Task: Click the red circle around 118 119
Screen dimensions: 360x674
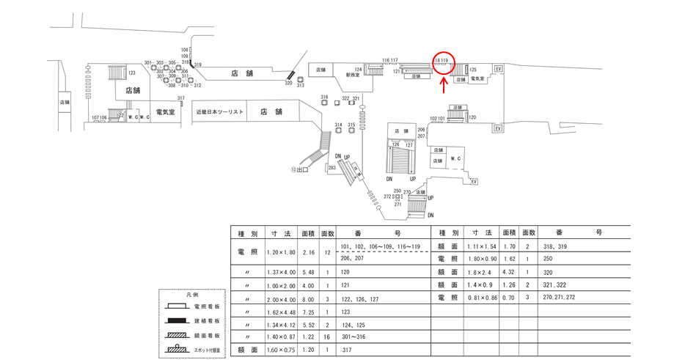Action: pos(444,63)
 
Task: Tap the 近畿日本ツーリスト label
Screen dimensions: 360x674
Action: pos(219,112)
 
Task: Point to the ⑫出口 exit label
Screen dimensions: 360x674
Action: pos(299,169)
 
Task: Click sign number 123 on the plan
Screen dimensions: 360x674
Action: pos(132,73)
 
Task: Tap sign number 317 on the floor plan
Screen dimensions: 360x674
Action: pos(180,98)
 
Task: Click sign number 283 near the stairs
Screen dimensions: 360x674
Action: pos(331,168)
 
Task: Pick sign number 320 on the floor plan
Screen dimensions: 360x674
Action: pos(288,83)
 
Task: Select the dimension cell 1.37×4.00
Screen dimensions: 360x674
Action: pos(279,271)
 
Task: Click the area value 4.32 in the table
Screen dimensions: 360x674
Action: pos(508,272)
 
